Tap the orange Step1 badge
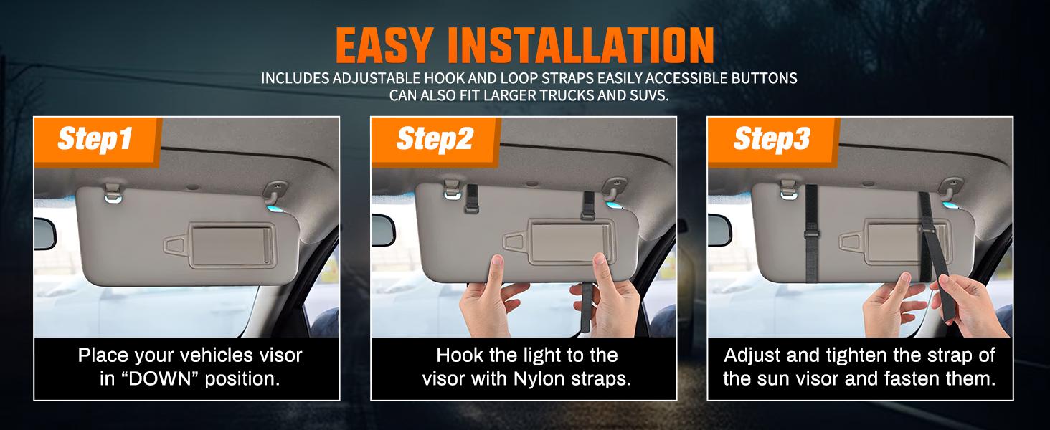pyautogui.click(x=95, y=139)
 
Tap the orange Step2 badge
pyautogui.click(x=435, y=139)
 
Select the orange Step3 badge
pyautogui.click(x=772, y=139)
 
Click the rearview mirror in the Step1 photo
pyautogui.click(x=44, y=234)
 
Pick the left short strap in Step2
pyautogui.click(x=472, y=199)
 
